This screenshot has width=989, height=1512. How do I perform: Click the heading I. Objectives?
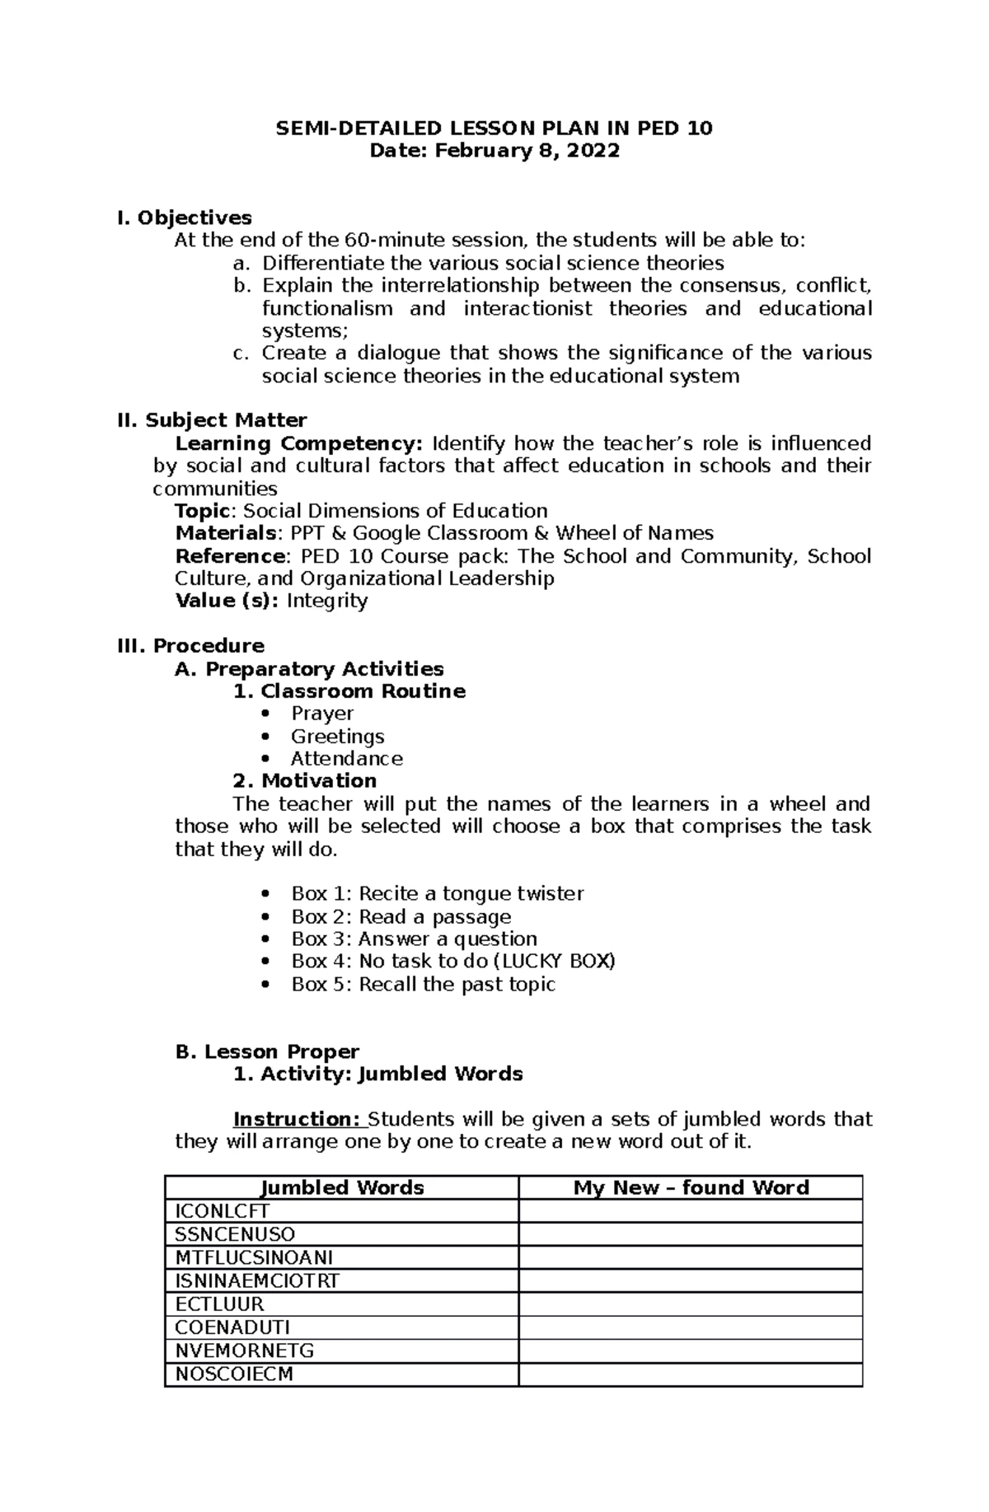click(185, 218)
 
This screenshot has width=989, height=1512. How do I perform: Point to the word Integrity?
click(326, 601)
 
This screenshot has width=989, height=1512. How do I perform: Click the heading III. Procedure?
click(191, 646)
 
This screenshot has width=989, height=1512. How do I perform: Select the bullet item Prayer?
click(322, 714)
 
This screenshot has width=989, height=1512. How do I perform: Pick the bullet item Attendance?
click(347, 759)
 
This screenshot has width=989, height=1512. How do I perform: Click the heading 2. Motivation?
click(305, 781)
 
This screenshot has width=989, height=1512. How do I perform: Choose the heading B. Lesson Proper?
click(268, 1052)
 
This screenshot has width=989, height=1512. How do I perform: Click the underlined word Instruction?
click(298, 1120)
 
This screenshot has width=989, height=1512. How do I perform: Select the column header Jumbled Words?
click(342, 1187)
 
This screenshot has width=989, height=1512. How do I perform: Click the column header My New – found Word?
click(691, 1187)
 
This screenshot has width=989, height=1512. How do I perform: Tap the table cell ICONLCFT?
click(223, 1211)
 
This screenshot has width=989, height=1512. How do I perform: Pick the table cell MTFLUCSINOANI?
click(254, 1257)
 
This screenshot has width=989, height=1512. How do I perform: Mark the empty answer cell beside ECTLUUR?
click(691, 1304)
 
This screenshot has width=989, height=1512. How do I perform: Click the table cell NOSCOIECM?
click(234, 1374)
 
